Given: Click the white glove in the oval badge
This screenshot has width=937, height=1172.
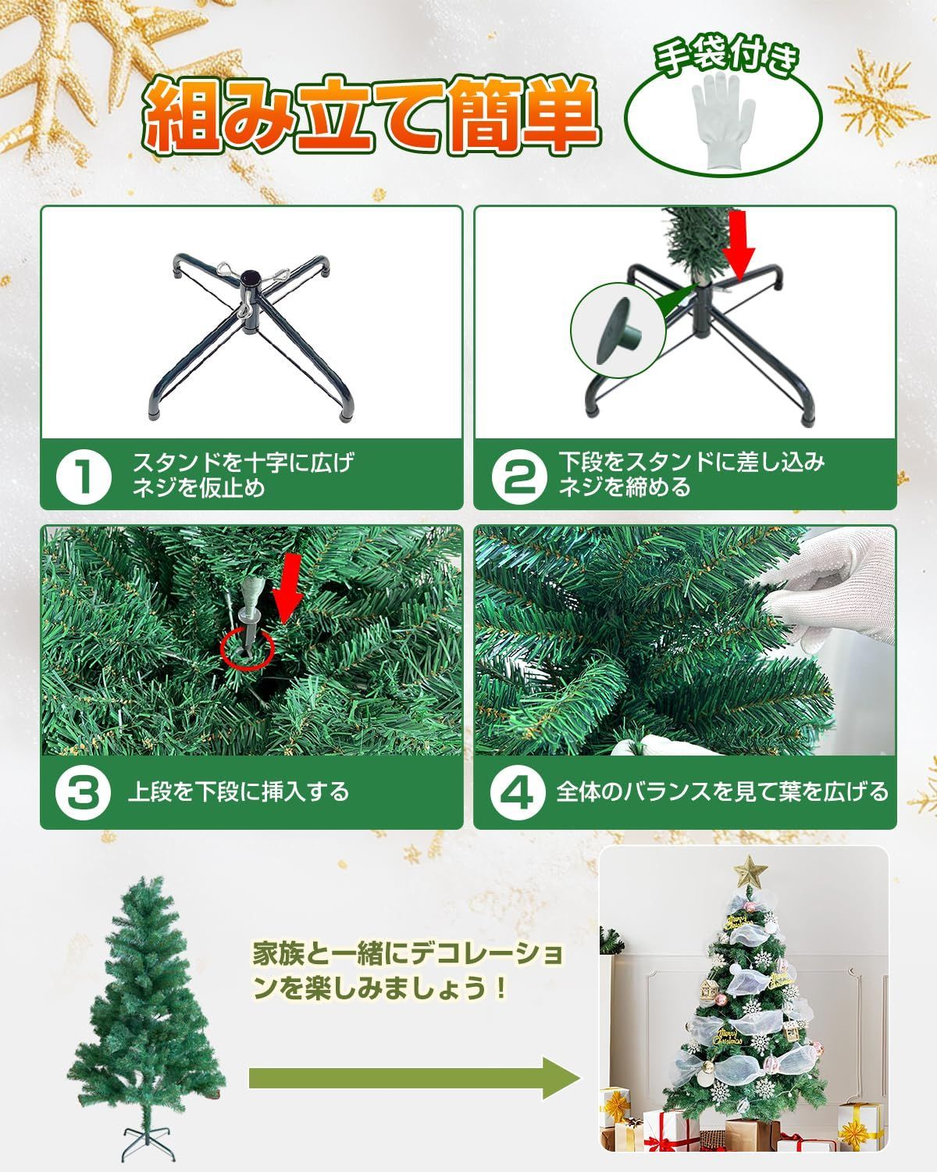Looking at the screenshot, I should click(x=724, y=123).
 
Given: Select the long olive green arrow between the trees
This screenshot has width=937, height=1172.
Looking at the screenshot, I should click(x=414, y=1078).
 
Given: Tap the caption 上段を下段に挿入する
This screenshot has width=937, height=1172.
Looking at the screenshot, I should click(x=238, y=792).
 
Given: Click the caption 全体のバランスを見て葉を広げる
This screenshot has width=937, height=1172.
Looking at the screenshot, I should click(x=721, y=792).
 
